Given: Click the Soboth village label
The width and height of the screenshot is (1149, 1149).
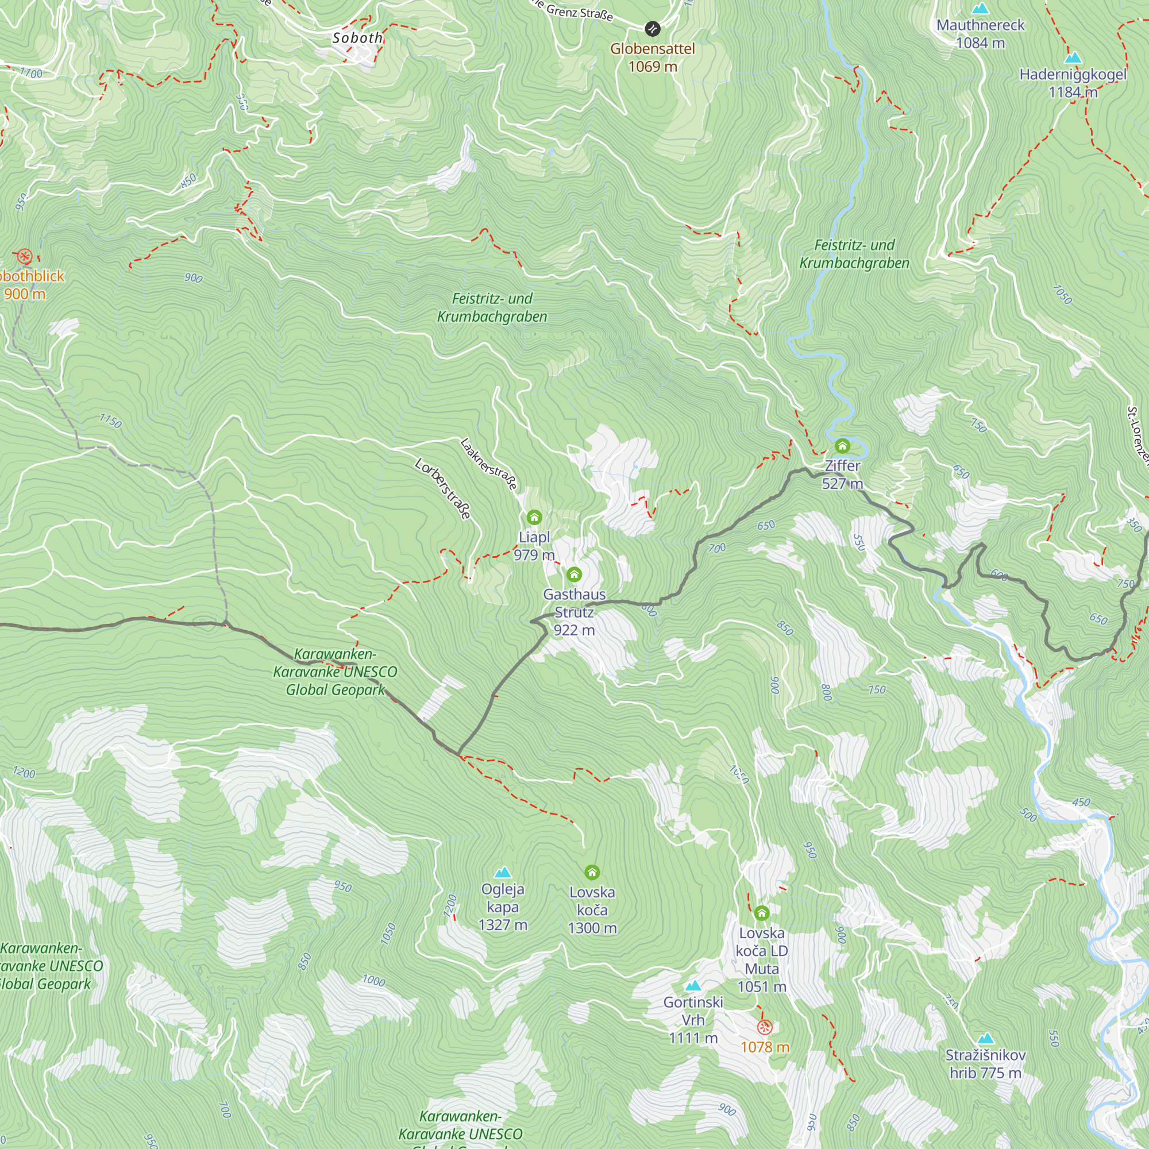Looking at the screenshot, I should click(357, 38).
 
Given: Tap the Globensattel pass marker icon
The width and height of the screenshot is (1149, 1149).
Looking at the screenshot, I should click(653, 29).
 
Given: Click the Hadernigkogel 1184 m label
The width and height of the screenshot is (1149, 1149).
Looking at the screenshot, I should click(1072, 83).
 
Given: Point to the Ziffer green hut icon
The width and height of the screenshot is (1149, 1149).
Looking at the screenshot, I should click(842, 445).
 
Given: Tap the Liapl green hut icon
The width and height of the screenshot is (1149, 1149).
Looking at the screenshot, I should click(534, 517).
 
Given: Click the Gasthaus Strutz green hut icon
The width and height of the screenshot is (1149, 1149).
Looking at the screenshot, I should click(574, 574).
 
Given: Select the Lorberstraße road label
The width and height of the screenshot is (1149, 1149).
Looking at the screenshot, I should click(444, 488).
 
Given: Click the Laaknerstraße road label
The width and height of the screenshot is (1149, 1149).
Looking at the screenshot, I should click(489, 464).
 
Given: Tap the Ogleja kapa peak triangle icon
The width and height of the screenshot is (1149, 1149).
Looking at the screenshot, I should click(503, 873).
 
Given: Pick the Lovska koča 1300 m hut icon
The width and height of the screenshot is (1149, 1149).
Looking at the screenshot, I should click(592, 873).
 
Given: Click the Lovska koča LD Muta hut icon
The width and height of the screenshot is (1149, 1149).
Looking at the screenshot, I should click(762, 913).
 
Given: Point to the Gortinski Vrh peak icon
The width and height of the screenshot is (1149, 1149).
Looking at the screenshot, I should click(693, 986).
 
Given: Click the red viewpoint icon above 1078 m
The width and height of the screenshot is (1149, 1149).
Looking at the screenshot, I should click(765, 1027).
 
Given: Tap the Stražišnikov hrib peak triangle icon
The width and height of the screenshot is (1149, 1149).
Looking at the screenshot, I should click(985, 1039).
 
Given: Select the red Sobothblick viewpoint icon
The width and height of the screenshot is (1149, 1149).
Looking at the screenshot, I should click(24, 257).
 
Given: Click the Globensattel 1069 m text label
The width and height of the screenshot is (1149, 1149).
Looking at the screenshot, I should click(653, 57).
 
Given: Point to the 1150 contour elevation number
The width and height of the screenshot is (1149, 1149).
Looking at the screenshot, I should click(111, 421).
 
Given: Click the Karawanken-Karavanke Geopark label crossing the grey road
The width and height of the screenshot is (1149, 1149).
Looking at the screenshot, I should click(336, 672).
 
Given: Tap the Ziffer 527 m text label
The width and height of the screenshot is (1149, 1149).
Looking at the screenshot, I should click(842, 475).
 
